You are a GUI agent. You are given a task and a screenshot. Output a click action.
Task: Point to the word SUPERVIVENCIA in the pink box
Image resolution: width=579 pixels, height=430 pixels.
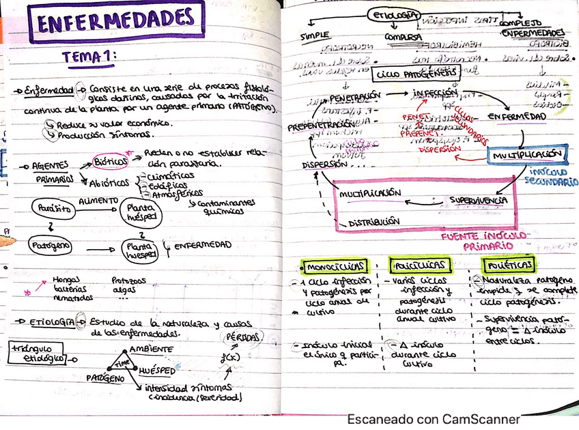click(x=478, y=200)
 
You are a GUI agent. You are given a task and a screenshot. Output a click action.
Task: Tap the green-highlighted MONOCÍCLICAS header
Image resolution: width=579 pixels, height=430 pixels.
click(x=335, y=266)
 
